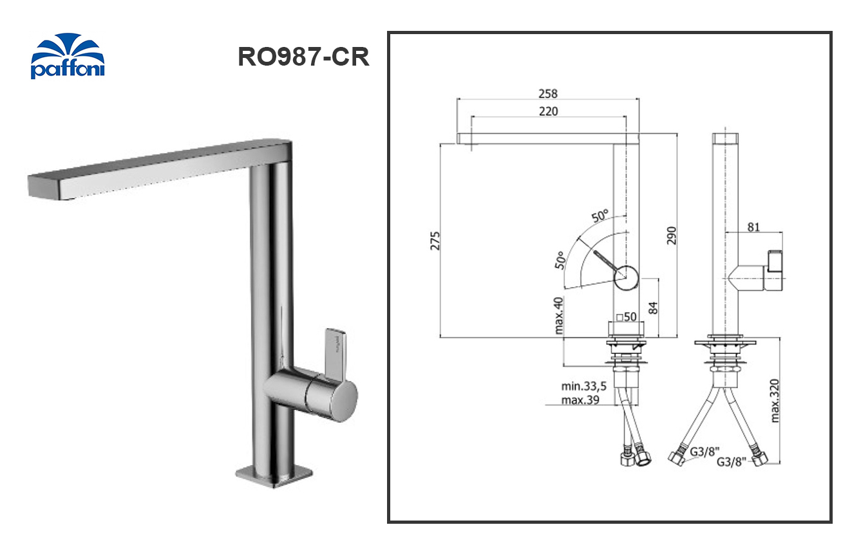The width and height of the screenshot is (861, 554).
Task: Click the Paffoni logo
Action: tap(67, 57)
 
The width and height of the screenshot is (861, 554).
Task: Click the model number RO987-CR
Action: tap(303, 57)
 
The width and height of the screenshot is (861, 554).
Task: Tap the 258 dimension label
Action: tap(547, 93)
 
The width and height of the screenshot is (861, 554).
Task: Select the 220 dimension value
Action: tap(548, 111)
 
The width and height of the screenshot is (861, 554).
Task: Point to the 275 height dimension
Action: tap(435, 241)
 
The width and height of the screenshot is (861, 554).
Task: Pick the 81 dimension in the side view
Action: tap(754, 226)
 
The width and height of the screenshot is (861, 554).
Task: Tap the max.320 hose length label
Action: tap(776, 400)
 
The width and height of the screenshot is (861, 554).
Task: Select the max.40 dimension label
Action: tap(558, 315)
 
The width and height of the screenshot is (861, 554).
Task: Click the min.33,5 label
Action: tap(584, 387)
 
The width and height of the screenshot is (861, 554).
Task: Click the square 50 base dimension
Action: tap(626, 317)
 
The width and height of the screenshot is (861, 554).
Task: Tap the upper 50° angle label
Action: tap(600, 217)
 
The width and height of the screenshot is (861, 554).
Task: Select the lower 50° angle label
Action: tap(559, 259)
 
